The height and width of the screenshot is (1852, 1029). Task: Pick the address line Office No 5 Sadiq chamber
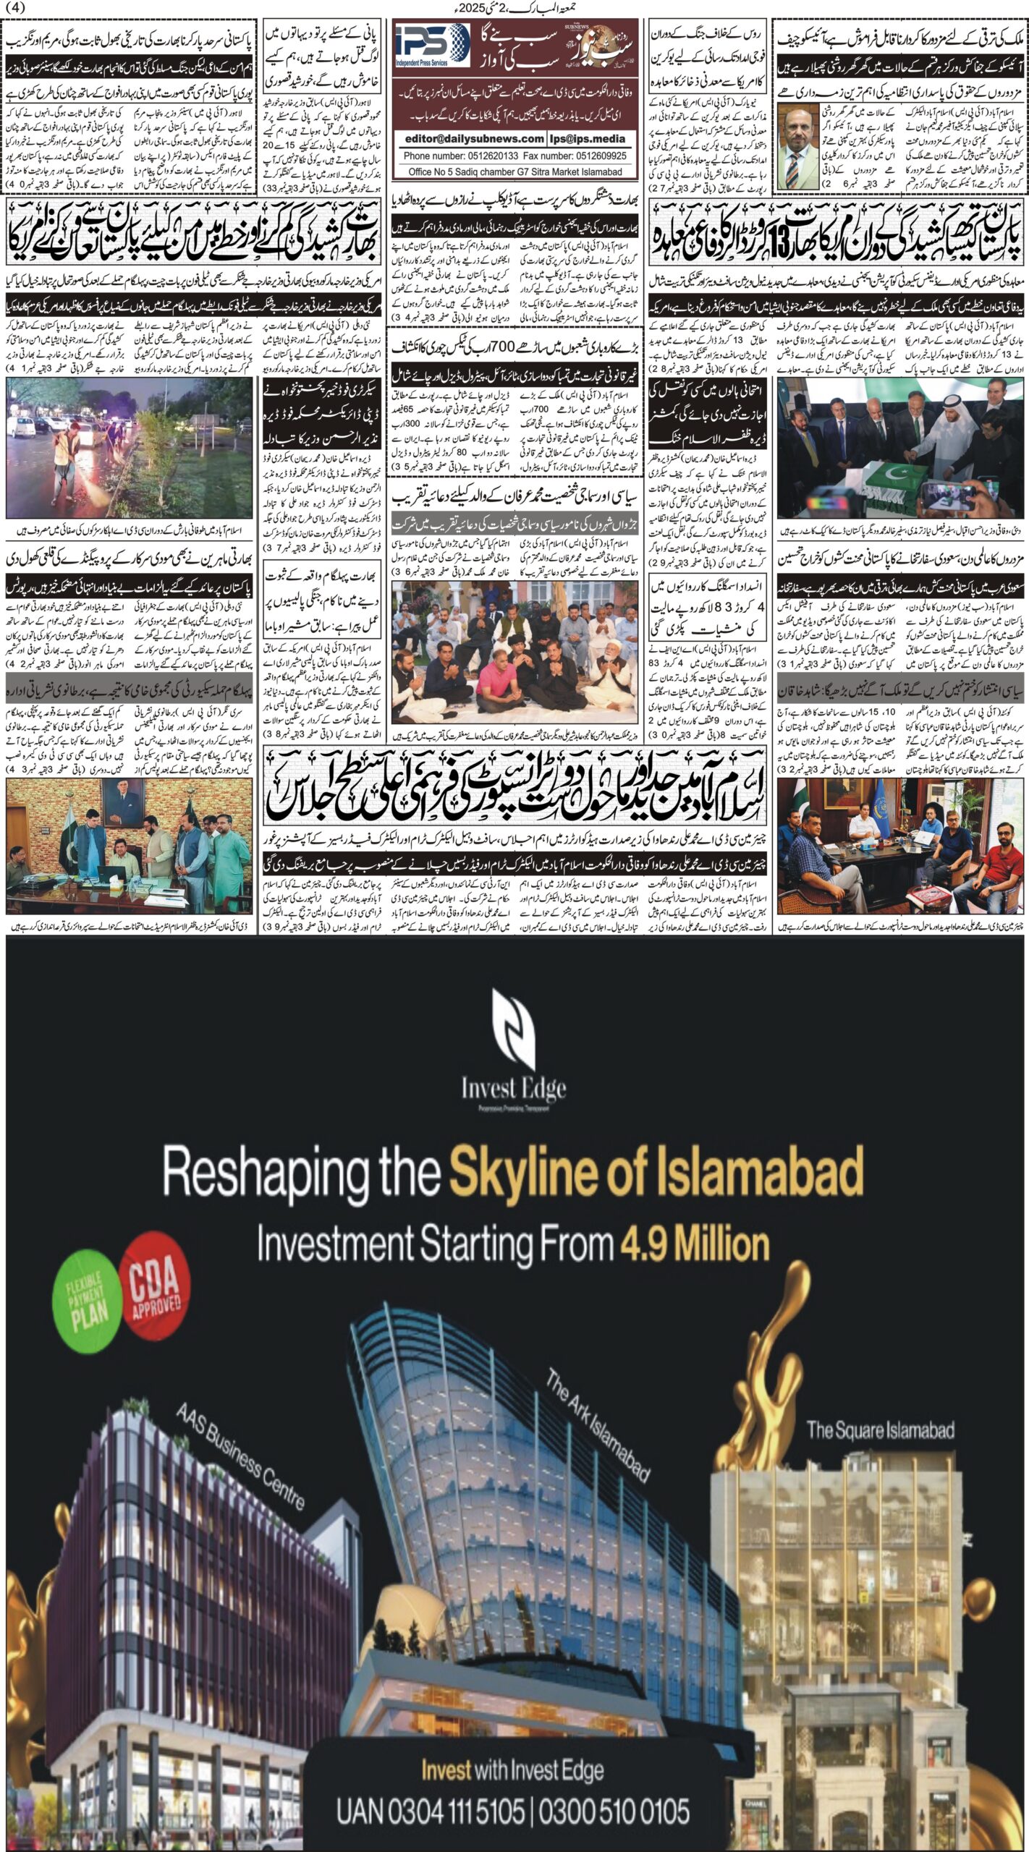tap(514, 172)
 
